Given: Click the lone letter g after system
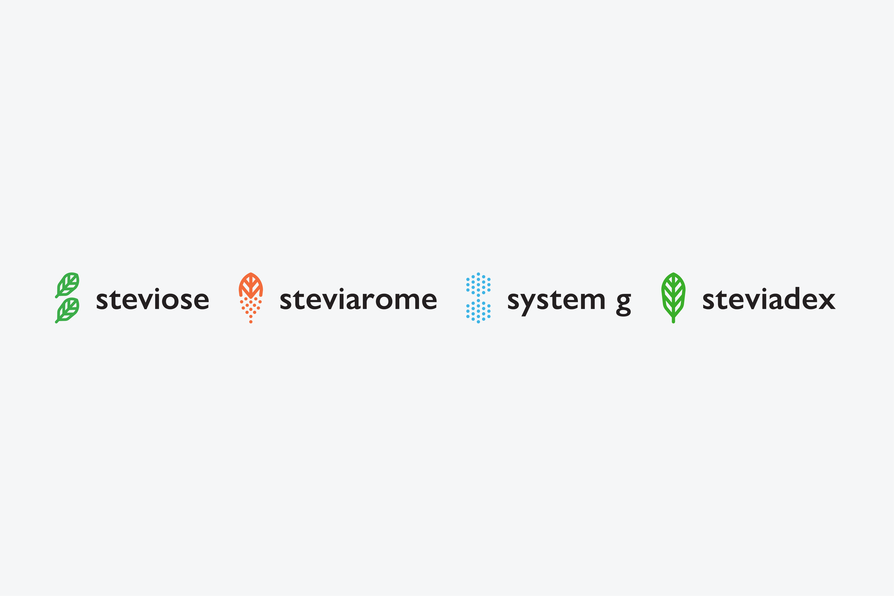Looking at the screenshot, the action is pyautogui.click(x=623, y=305).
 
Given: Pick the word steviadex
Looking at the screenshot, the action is pyautogui.click(x=769, y=298).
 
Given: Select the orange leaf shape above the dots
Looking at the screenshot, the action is pyautogui.click(x=251, y=285).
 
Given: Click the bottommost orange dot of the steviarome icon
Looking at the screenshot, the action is pyautogui.click(x=251, y=322).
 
